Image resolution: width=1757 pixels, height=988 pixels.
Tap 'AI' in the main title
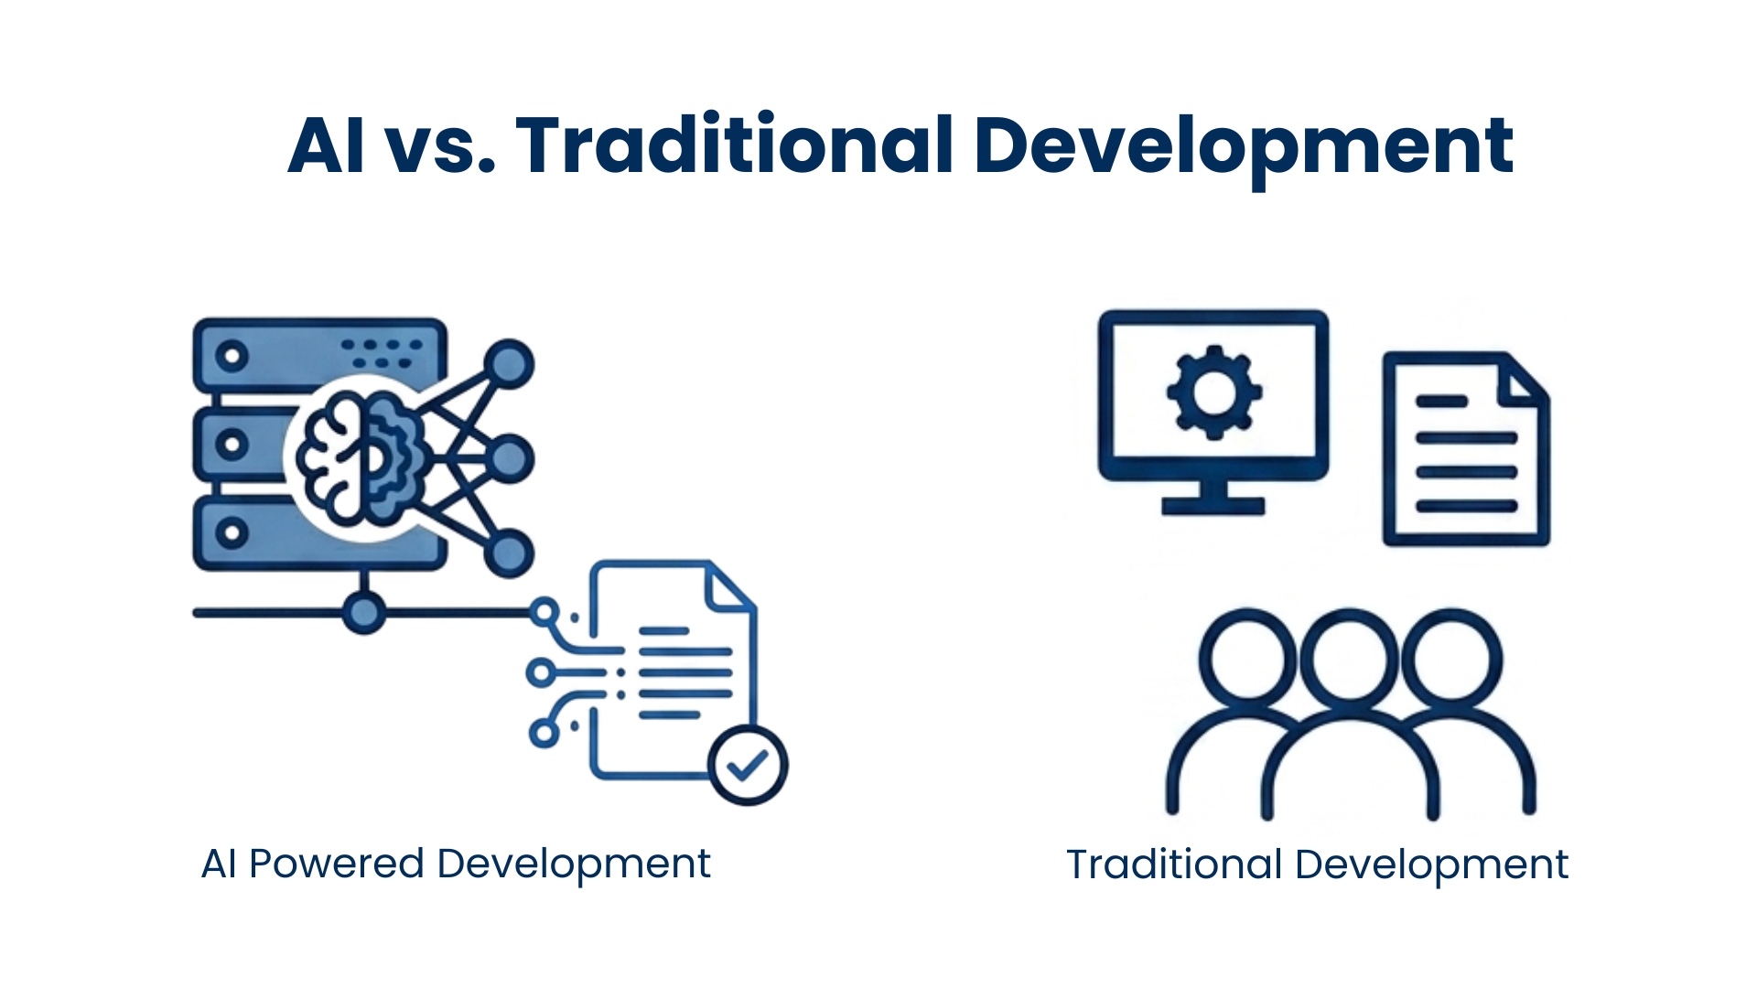tap(327, 145)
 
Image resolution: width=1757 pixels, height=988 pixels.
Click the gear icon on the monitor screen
tap(1214, 392)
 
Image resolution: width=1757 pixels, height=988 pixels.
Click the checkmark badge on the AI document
tap(749, 766)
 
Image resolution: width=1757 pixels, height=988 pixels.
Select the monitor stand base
tap(1213, 506)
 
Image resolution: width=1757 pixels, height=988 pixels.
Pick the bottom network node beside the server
tap(509, 553)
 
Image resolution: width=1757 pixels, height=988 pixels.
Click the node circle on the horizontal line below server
tap(364, 612)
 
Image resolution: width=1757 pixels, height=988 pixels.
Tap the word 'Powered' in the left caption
tap(337, 864)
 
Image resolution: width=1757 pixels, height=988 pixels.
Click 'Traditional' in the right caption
tap(1174, 864)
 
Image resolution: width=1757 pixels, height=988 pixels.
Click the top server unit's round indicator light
tap(232, 354)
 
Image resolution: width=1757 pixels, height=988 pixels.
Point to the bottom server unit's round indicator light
tap(232, 532)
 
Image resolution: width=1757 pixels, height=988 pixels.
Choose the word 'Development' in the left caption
tap(574, 864)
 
